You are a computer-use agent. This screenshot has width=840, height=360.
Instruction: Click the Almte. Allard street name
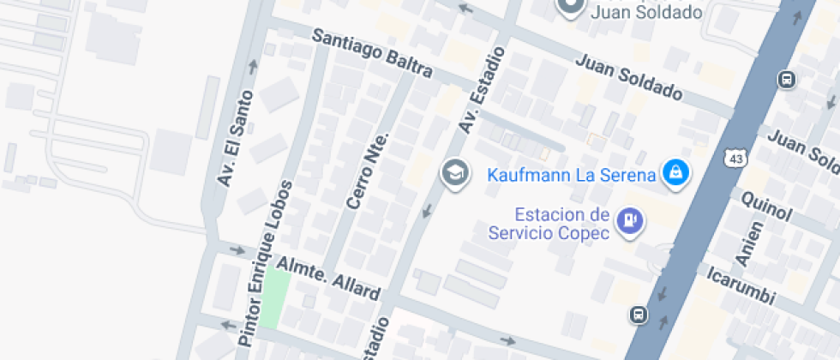[x=327, y=279]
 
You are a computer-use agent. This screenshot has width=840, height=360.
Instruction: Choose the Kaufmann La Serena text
[x=572, y=176]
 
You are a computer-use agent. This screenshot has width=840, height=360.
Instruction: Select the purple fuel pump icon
[x=632, y=221]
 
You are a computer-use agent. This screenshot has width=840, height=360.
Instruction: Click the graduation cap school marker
[x=455, y=173]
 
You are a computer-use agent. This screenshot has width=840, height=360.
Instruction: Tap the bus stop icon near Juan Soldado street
[x=786, y=81]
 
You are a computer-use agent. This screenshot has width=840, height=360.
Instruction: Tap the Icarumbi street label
[x=741, y=286]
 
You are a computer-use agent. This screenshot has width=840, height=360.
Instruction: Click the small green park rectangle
[x=275, y=296]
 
